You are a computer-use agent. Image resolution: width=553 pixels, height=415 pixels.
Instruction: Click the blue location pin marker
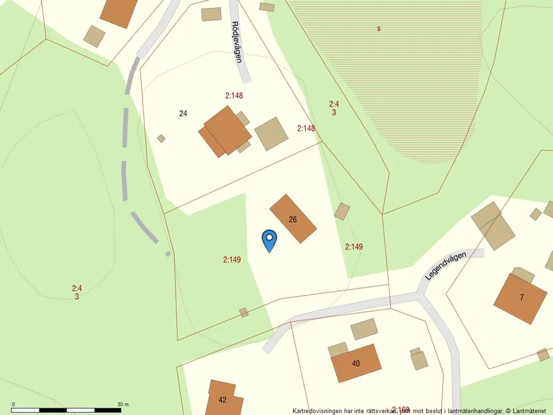click(x=269, y=239)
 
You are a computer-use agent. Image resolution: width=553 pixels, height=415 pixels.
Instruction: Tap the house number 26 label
click(x=293, y=219)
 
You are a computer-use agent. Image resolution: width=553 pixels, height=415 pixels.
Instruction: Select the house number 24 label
click(x=183, y=113)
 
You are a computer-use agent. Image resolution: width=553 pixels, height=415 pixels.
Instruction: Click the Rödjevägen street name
click(x=236, y=42)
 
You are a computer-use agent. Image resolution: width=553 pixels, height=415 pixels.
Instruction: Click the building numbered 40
click(x=356, y=363)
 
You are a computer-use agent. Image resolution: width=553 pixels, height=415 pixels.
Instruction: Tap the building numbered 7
click(x=520, y=298)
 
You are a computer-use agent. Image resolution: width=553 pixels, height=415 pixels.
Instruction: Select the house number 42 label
click(x=223, y=400)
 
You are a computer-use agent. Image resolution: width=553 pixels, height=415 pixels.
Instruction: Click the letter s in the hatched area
click(x=379, y=29)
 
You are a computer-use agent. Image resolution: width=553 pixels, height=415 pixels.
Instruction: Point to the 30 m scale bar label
click(x=123, y=404)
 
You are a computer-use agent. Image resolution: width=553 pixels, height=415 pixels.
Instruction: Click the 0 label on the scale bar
click(x=13, y=404)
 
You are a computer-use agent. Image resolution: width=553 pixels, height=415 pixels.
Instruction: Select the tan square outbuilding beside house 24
click(x=271, y=133)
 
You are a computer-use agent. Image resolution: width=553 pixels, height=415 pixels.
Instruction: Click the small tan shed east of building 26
click(x=342, y=211)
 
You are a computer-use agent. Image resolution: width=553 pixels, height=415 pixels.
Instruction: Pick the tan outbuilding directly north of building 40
click(x=364, y=329)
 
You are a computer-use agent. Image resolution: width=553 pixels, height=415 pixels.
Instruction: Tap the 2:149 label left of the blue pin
click(x=232, y=259)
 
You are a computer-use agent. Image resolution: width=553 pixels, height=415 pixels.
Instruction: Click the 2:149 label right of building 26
click(x=354, y=247)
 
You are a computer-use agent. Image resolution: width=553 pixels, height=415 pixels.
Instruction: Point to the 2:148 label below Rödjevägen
click(x=234, y=96)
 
